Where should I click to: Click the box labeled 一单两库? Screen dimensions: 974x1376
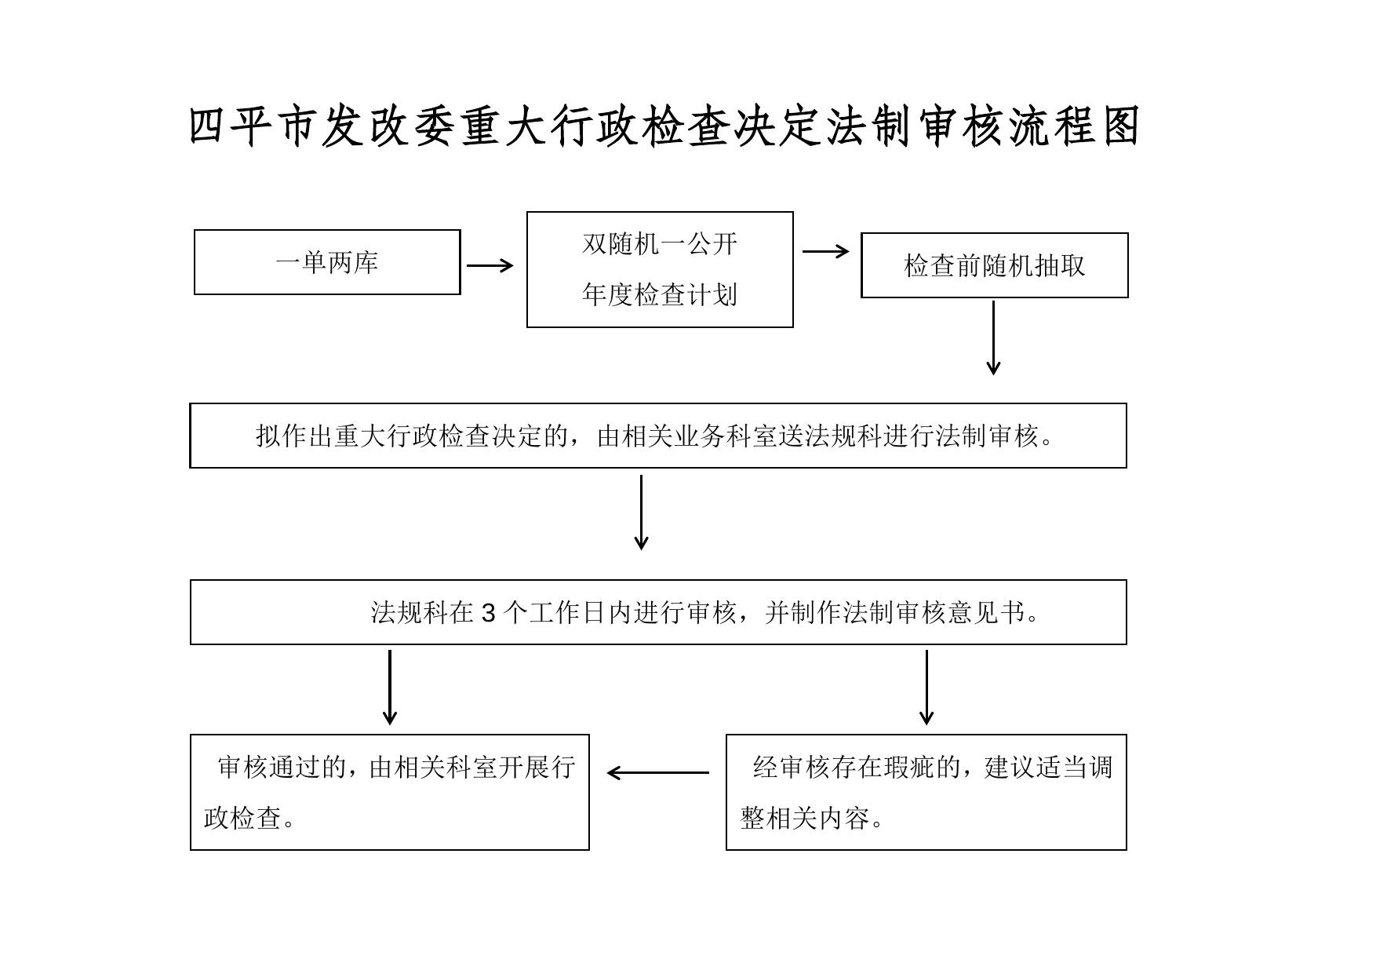pos(327,262)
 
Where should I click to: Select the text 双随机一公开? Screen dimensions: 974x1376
pos(660,244)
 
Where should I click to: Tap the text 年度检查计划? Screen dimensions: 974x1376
pos(660,295)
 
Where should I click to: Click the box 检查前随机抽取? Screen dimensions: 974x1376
pos(994,265)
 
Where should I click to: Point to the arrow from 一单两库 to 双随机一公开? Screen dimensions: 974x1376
pos(490,265)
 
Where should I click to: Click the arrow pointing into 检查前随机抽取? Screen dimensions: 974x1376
pos(825,251)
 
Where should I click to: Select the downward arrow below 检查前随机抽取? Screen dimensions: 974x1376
pos(993,337)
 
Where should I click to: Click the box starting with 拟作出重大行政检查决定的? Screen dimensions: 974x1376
pos(657,436)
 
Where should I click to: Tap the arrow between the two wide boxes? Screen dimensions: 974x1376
pos(641,512)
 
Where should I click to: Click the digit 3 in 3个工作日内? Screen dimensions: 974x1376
pos(488,613)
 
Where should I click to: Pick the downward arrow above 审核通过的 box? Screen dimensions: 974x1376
pos(389,687)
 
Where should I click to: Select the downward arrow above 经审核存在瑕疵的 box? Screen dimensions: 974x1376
pos(926,687)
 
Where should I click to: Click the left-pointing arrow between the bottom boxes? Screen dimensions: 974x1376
pos(657,772)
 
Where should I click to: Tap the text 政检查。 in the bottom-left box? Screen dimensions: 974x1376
pos(250,818)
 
